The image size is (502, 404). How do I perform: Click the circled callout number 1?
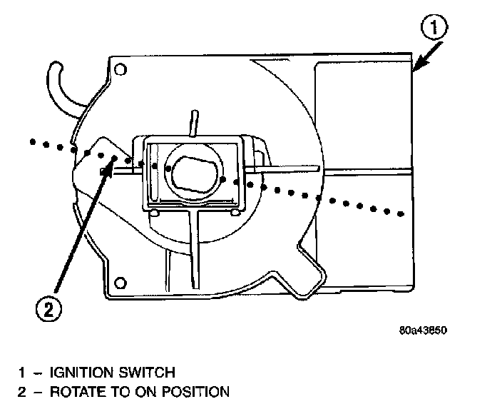point(436,30)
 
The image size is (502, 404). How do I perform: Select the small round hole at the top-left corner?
point(121,70)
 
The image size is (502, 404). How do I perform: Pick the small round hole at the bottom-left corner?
point(121,280)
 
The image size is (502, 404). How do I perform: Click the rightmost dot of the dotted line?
point(404,213)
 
